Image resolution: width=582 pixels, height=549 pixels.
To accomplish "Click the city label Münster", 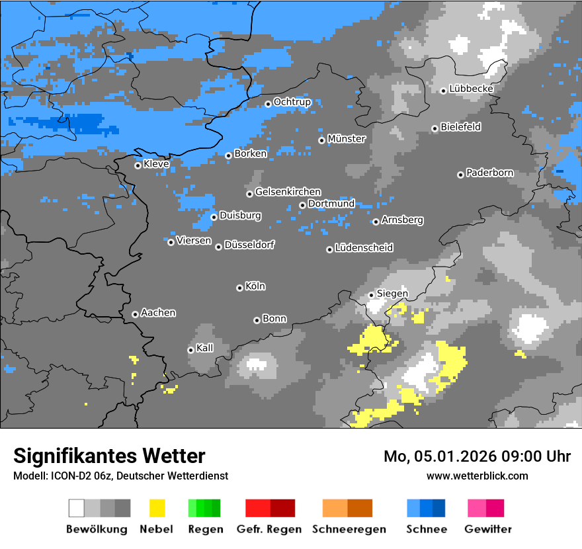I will (346, 139).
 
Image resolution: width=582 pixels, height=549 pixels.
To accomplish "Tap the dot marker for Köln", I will (239, 288).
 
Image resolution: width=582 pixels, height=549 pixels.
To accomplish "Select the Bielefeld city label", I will (460, 127).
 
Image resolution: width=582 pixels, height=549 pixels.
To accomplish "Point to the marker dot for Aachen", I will (135, 314).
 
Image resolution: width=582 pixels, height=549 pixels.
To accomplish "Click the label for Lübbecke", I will (471, 89).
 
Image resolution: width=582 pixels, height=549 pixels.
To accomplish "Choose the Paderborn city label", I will (489, 173).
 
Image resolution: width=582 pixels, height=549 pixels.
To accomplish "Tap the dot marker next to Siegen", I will (371, 295).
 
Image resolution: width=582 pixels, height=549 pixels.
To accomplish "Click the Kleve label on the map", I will (156, 164).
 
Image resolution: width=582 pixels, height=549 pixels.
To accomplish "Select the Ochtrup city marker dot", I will (268, 103).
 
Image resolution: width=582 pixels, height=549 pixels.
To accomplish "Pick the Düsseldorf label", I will (249, 245).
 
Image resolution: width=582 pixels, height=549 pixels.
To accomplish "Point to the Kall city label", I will (204, 348).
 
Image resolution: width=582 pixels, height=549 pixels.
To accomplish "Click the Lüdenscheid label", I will (364, 248).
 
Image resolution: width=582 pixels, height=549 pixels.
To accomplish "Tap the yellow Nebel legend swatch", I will (157, 508).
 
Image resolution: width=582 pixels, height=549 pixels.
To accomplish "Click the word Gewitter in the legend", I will (487, 529).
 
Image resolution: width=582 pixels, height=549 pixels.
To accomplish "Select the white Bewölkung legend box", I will (77, 508).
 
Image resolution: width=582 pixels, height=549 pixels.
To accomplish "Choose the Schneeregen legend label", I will (348, 529).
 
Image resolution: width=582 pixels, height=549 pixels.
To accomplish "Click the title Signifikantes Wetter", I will (109, 456).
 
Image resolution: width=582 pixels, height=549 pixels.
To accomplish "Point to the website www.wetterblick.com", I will (477, 476).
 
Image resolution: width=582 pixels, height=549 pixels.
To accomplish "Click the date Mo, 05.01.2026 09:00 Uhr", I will (477, 456).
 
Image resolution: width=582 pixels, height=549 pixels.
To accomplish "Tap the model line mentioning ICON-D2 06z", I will (120, 476).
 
